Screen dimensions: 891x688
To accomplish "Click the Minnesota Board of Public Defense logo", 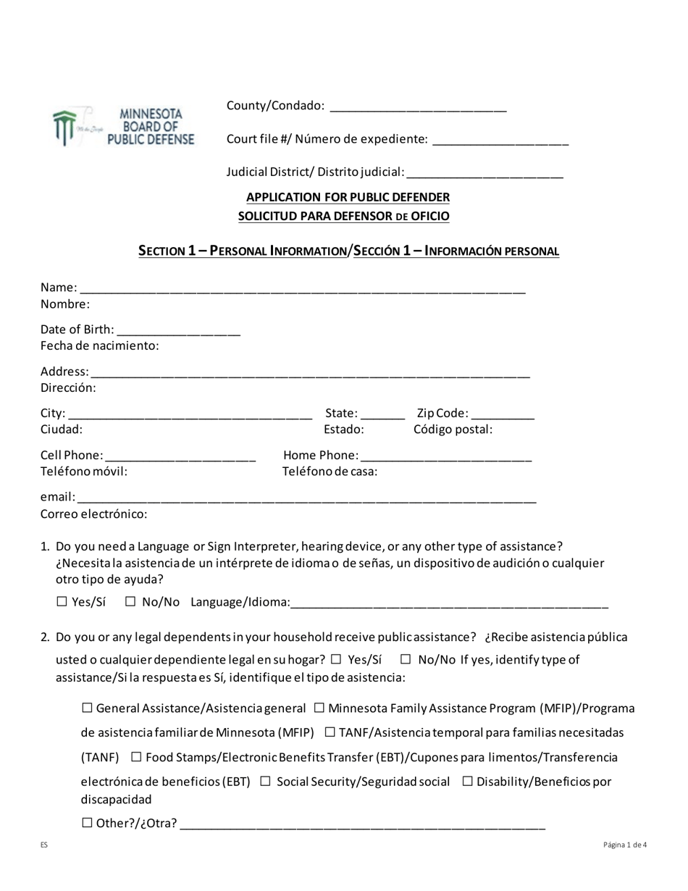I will [x=124, y=126].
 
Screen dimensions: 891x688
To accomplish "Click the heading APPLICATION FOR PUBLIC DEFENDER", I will [x=348, y=197].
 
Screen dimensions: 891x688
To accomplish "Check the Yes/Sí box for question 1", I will [x=62, y=601].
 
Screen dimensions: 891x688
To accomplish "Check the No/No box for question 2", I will [x=406, y=659].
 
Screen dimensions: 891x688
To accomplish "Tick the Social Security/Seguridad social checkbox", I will [x=266, y=782].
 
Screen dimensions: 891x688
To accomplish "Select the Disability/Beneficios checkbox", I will [x=467, y=782].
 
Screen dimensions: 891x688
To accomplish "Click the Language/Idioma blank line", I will [x=449, y=605].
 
